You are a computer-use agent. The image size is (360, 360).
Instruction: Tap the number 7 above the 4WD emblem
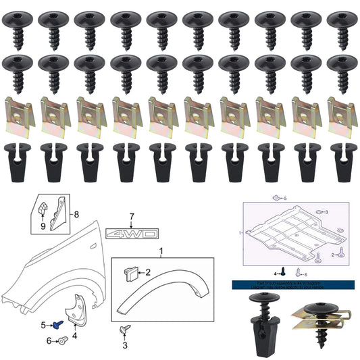click(x=132, y=217)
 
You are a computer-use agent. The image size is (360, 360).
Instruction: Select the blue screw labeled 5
click(x=58, y=325)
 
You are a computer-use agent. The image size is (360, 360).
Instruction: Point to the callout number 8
click(x=76, y=214)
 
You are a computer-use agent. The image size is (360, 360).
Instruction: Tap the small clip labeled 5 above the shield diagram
click(x=276, y=199)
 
